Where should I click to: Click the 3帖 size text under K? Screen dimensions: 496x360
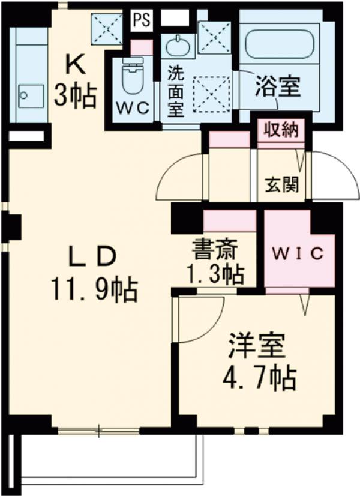(x=76, y=94)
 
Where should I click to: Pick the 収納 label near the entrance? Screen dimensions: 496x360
(x=281, y=129)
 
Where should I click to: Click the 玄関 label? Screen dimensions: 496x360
(x=282, y=184)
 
